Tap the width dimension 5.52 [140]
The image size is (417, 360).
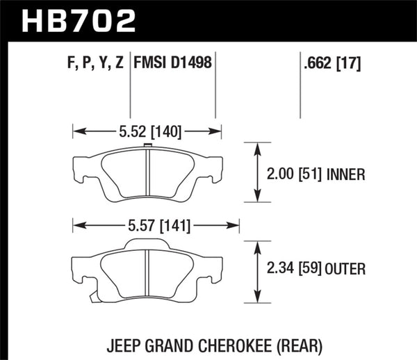147,129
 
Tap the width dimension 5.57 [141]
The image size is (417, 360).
156,225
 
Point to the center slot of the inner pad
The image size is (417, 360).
147,173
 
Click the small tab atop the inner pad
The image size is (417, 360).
147,145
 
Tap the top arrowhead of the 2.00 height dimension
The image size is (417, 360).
258,146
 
